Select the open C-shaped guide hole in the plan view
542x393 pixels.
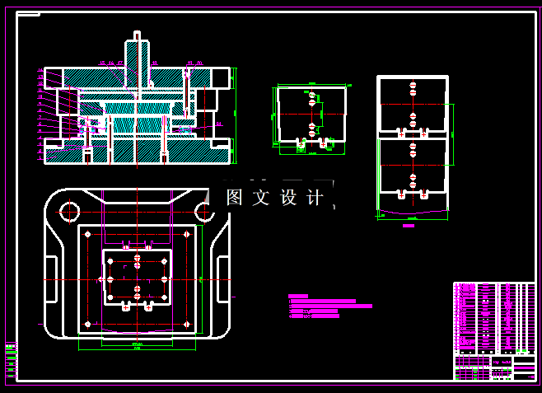203,213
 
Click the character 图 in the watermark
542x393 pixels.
234,198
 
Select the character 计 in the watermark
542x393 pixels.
314,198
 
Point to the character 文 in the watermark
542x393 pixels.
260,198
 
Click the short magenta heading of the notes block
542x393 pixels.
297,296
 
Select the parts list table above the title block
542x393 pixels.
493,318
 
